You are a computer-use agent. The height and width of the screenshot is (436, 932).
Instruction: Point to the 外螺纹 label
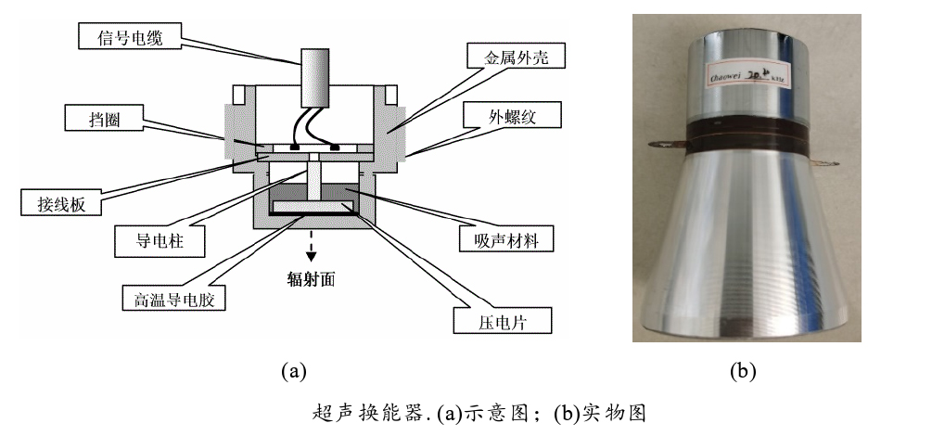(x=513, y=118)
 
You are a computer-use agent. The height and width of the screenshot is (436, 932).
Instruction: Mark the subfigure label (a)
(x=293, y=372)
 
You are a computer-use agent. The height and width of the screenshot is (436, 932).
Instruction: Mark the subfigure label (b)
(x=743, y=372)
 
